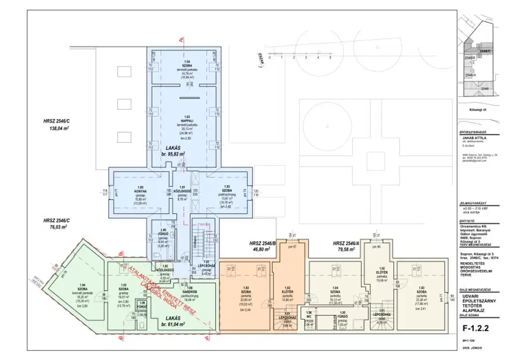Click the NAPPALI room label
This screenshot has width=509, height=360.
181,120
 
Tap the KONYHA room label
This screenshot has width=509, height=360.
133,190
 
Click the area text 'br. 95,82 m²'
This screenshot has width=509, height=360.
173,154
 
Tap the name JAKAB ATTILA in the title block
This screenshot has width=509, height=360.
474,137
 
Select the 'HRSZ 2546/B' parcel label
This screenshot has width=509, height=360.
264,244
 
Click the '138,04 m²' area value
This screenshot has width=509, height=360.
58,128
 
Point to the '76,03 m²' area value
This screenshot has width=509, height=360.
58,226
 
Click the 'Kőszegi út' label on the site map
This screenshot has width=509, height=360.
477,110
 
